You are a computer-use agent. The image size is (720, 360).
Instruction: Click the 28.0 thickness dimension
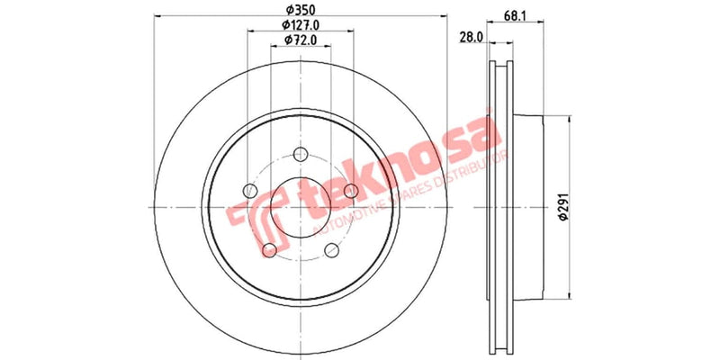coord(472,36)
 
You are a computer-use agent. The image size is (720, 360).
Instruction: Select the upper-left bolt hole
coord(250,190)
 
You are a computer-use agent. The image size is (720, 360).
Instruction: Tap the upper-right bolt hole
coord(352,190)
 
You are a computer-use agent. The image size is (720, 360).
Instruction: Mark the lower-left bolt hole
coord(269,249)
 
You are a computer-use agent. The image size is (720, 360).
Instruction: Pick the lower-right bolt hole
coord(332,249)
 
